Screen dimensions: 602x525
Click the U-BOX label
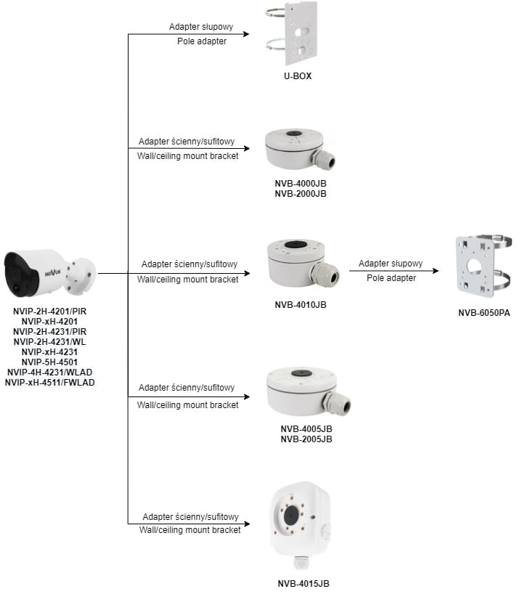click(x=298, y=76)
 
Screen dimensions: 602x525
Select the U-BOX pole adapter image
click(x=298, y=35)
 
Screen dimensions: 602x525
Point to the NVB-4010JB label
click(x=301, y=304)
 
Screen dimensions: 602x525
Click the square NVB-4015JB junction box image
click(x=298, y=518)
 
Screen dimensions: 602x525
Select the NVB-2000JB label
click(x=301, y=194)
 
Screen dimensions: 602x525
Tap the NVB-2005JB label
click(x=306, y=439)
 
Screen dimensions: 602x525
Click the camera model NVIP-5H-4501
click(x=50, y=362)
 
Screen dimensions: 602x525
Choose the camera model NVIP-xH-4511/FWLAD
click(x=50, y=382)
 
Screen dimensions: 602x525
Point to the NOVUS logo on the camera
click(x=54, y=273)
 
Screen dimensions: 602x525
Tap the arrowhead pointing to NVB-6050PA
click(x=436, y=272)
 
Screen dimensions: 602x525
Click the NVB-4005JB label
click(x=306, y=429)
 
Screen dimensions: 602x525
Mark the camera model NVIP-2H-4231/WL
click(x=50, y=341)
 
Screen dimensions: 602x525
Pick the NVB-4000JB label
click(x=301, y=184)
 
